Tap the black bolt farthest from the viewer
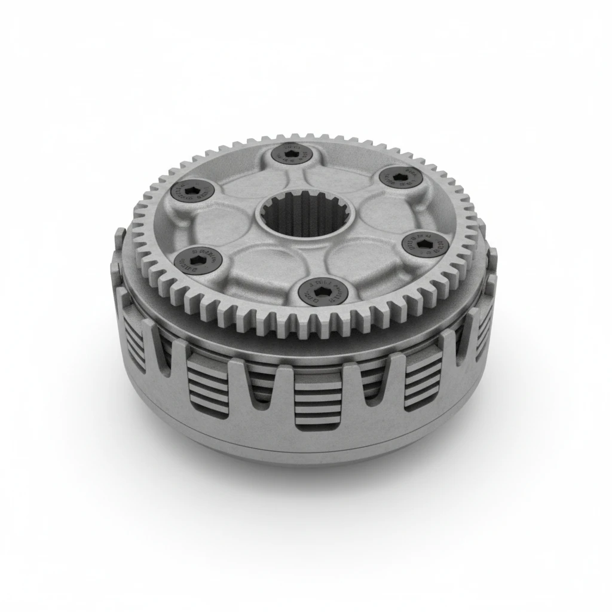pyautogui.click(x=292, y=154)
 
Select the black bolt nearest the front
pyautogui.click(x=322, y=290)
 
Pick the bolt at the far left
pyautogui.click(x=192, y=191)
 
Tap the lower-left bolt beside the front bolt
pyautogui.click(x=198, y=259)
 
